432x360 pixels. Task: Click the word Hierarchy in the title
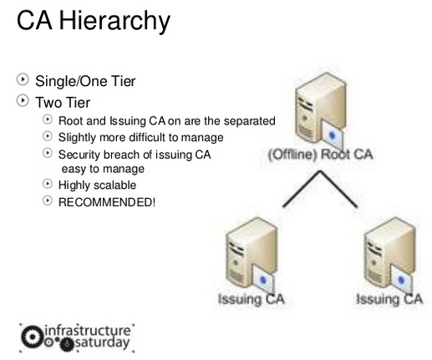pyautogui.click(x=114, y=21)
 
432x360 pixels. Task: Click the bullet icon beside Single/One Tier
pyautogui.click(x=23, y=79)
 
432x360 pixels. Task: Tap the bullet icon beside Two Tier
pyautogui.click(x=23, y=100)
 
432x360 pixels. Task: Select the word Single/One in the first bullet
pyautogui.click(x=71, y=81)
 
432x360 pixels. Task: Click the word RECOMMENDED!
pyautogui.click(x=107, y=202)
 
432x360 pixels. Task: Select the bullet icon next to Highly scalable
pyautogui.click(x=48, y=184)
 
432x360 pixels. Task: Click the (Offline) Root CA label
pyautogui.click(x=320, y=155)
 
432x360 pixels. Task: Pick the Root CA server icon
pyautogui.click(x=321, y=109)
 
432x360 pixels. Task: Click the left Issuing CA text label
pyautogui.click(x=252, y=299)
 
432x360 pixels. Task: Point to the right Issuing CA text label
pyautogui.click(x=389, y=299)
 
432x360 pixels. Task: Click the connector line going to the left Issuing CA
pyautogui.click(x=302, y=189)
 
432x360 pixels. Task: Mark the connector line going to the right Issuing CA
pyautogui.click(x=338, y=189)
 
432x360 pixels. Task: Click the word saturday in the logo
pyautogui.click(x=103, y=342)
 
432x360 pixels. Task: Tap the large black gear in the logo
pyautogui.click(x=33, y=337)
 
